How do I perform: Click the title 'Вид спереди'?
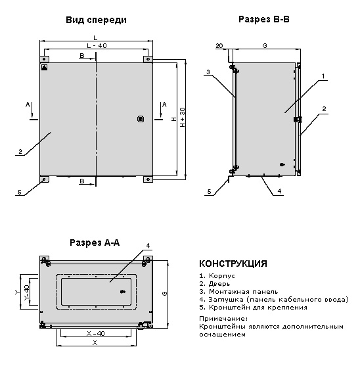tap(96, 20)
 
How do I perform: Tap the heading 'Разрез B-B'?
tap(264, 19)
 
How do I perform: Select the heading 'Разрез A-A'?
tap(95, 243)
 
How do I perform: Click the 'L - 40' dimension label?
tap(97, 45)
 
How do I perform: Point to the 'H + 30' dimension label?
tap(183, 117)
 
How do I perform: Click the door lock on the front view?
tap(141, 119)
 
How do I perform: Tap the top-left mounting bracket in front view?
tap(44, 59)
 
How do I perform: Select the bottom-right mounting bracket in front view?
tap(148, 179)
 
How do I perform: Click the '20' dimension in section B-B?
tap(219, 45)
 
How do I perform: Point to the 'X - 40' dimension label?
tap(95, 334)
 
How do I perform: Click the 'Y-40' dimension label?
tap(27, 292)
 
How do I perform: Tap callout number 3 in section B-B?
tap(208, 72)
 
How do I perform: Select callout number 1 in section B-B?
tap(323, 76)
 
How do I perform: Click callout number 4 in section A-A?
tap(148, 246)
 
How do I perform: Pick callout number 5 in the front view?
tap(20, 192)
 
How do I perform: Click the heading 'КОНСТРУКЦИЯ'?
tap(233, 264)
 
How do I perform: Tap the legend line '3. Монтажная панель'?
tap(238, 292)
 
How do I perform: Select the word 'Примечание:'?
tap(223, 319)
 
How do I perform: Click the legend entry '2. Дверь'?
tap(215, 284)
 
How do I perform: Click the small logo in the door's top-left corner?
tap(45, 68)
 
